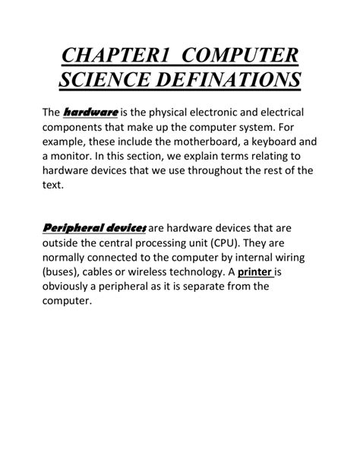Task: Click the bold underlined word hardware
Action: pyautogui.click(x=90, y=113)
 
